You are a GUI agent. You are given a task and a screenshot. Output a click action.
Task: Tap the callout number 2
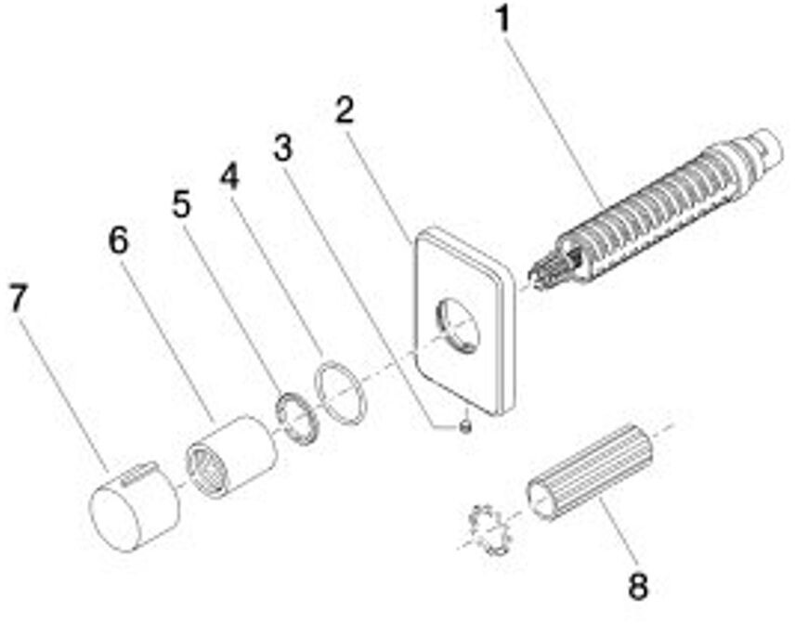(345, 111)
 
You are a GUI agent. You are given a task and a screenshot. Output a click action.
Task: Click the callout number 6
(119, 241)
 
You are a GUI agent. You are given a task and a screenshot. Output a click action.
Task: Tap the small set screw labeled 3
(465, 426)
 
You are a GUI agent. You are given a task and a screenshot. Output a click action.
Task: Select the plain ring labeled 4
(341, 389)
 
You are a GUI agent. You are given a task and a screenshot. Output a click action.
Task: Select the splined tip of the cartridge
(547, 271)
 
